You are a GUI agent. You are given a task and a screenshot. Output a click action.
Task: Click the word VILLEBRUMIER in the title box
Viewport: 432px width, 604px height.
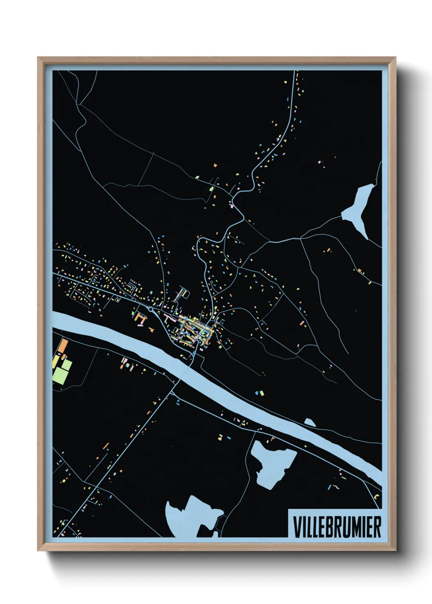[x=337, y=527]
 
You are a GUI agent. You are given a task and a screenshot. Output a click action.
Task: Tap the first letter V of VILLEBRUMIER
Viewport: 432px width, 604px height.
[x=296, y=527]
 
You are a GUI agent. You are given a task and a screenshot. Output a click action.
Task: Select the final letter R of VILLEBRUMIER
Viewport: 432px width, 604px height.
[x=377, y=527]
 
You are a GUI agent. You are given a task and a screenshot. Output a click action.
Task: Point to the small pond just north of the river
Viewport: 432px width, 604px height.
[x=310, y=422]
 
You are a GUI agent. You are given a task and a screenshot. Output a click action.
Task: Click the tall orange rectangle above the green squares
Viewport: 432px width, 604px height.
[x=62, y=346]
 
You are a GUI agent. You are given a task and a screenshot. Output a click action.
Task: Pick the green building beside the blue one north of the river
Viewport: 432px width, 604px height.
[x=261, y=393]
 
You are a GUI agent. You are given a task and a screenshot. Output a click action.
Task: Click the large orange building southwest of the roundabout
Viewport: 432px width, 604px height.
[x=140, y=319]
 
